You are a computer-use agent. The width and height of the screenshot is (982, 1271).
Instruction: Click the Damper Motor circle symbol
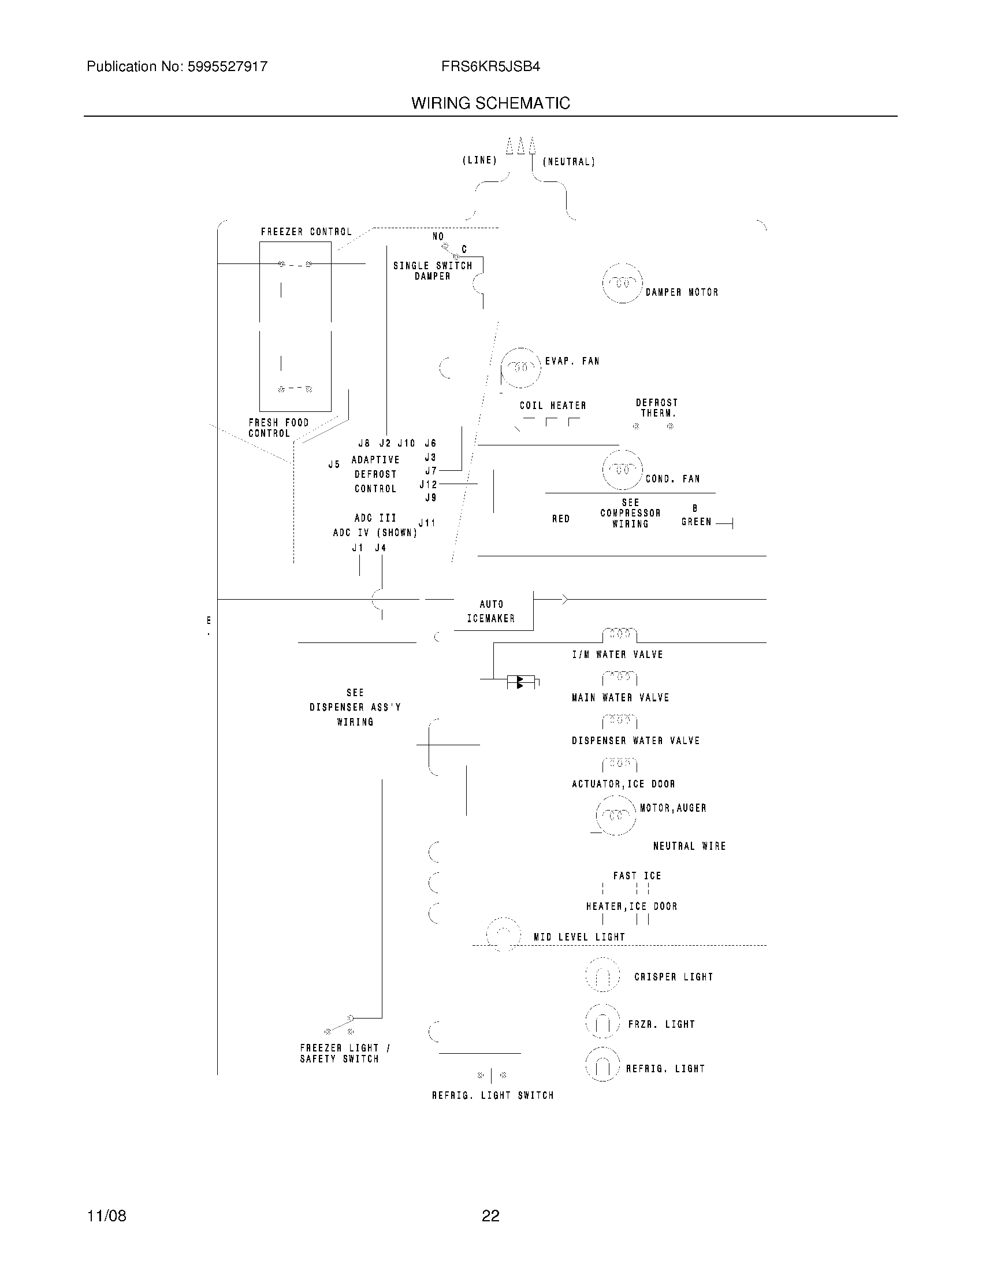[x=623, y=284]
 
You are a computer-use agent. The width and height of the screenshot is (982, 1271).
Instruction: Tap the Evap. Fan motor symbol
[x=520, y=368]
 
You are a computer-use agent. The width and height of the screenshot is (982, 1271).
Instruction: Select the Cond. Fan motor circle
[x=623, y=469]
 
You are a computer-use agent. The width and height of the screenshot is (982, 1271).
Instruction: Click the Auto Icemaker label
[x=491, y=611]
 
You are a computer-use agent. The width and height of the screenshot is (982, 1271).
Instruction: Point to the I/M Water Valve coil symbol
[x=620, y=634]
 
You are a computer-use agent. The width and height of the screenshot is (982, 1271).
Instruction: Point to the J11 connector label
[x=427, y=523]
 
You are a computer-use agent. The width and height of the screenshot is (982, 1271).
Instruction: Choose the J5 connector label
[x=334, y=464]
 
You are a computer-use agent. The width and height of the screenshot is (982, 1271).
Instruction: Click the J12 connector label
[x=428, y=484]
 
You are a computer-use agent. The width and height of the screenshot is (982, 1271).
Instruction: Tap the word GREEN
[x=697, y=522]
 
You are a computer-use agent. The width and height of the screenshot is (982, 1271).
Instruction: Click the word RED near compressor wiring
[x=561, y=519]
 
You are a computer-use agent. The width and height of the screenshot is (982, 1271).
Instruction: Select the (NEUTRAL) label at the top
[x=569, y=162]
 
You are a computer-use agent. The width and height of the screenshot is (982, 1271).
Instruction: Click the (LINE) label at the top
[x=479, y=160]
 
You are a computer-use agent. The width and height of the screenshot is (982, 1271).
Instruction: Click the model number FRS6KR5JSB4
[x=490, y=67]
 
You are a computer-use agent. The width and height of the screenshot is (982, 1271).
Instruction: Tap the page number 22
[x=490, y=1216]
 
